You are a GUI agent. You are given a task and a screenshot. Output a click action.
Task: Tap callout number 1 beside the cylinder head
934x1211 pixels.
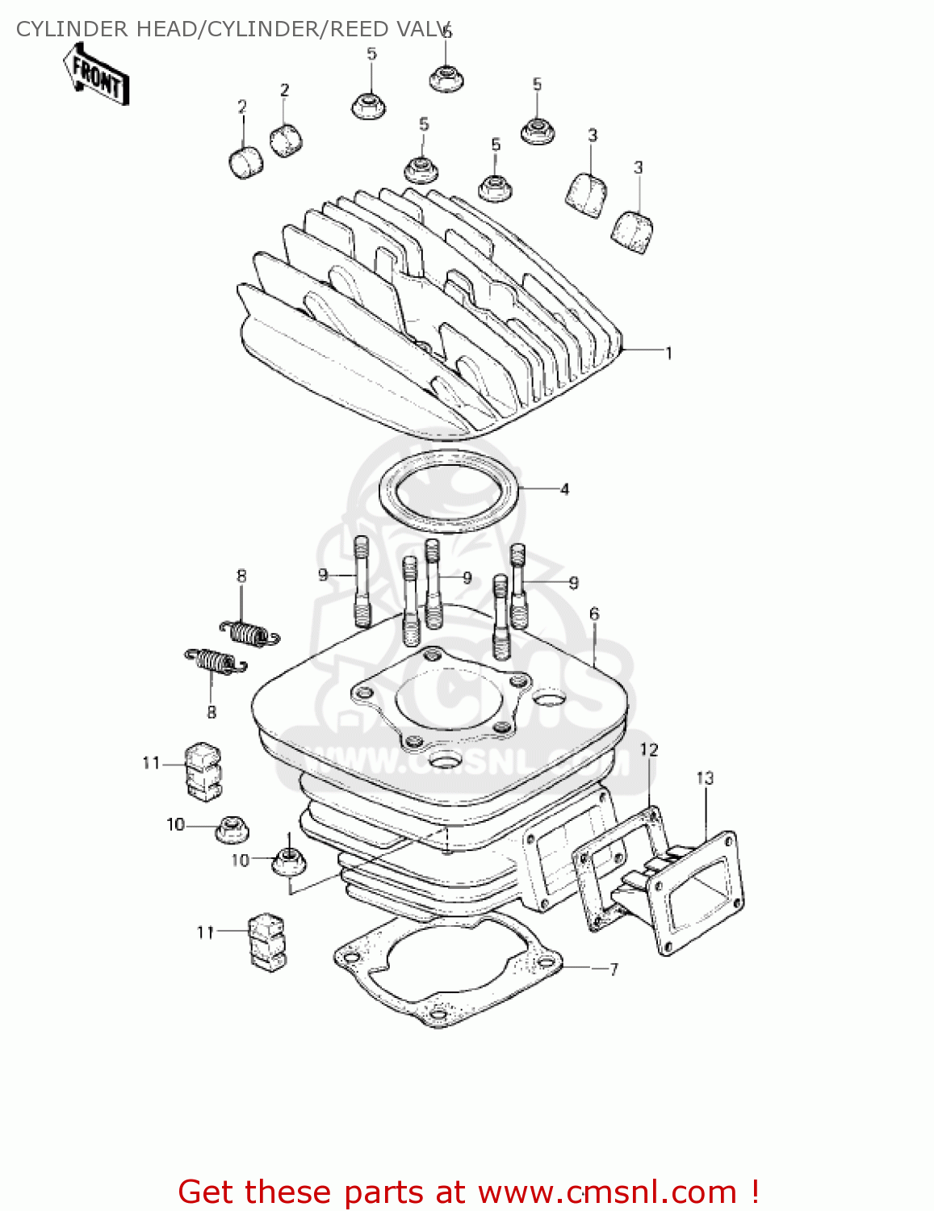668,353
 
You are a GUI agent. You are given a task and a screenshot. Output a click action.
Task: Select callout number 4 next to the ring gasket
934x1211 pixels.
564,489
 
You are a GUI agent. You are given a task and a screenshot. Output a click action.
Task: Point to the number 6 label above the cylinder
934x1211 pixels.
594,614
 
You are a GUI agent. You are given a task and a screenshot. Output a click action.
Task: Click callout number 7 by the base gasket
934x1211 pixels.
614,969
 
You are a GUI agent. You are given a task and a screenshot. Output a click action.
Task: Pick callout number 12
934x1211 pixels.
649,750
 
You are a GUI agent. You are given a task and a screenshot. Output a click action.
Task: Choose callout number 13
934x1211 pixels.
705,778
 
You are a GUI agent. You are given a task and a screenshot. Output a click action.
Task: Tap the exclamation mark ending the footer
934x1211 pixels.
754,1192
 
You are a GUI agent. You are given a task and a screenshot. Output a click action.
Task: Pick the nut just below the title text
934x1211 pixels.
446,78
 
